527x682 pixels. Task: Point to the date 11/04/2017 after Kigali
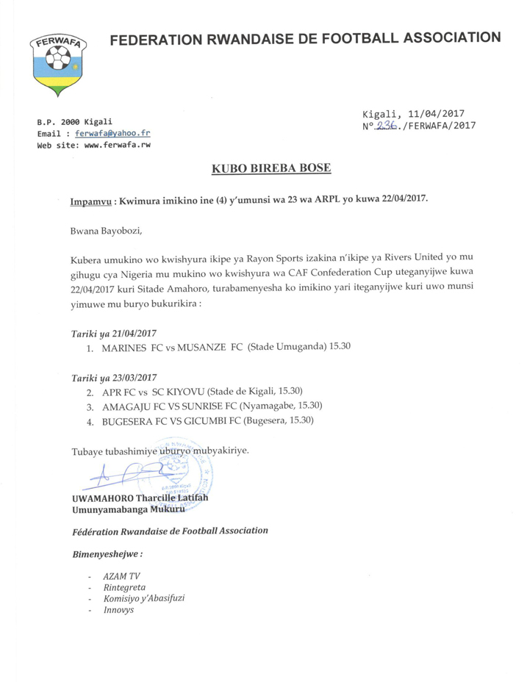pos(437,113)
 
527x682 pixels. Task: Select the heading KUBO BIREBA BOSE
pos(271,169)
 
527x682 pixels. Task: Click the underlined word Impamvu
pos(92,200)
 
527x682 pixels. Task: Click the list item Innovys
pos(118,610)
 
